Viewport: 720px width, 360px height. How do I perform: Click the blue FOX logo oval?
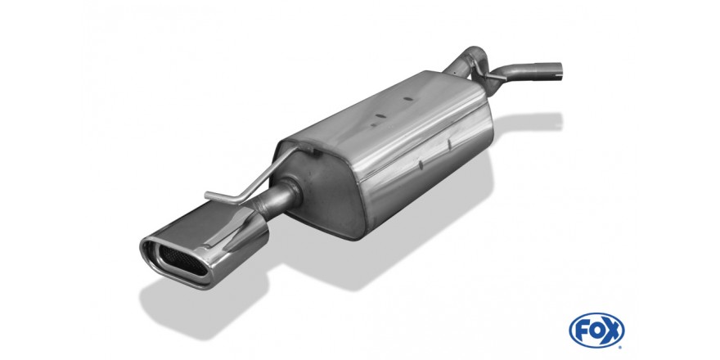596,331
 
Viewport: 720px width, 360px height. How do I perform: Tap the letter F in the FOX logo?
583,331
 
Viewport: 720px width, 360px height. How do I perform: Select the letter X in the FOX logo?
612,331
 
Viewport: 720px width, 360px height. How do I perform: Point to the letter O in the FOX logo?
596,331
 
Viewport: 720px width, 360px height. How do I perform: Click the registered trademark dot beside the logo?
622,347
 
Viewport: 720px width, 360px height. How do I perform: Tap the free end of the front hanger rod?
207,196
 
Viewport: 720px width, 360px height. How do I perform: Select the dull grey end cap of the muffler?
322,192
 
